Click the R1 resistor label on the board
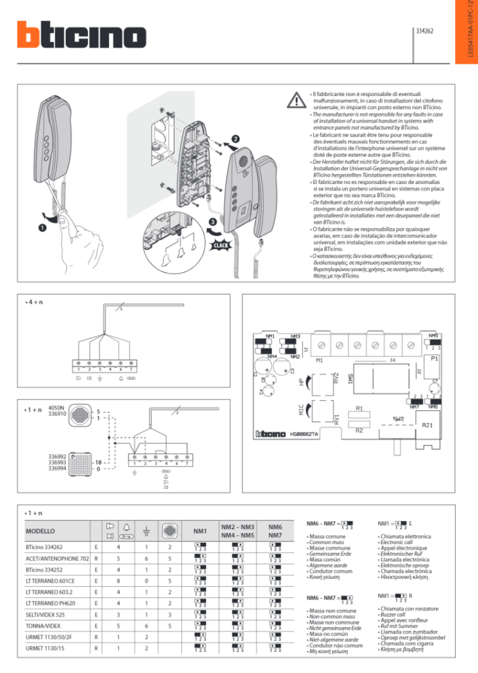[359, 408]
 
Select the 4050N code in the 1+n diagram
[57, 407]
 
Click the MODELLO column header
[41, 530]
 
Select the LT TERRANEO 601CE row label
[50, 580]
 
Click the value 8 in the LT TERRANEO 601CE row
[118, 580]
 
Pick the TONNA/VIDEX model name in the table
[44, 626]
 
